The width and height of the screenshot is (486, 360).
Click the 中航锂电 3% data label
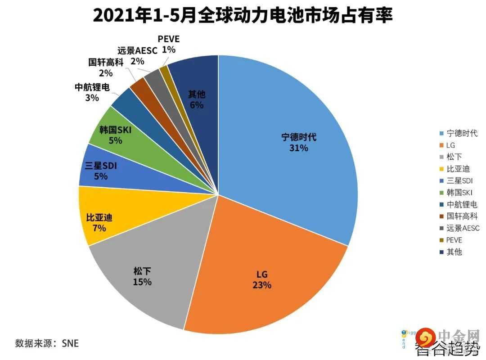point(92,92)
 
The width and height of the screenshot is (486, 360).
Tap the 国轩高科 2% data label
point(106,67)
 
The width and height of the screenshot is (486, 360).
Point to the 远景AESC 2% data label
point(137,55)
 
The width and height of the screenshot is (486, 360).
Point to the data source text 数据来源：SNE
point(47,343)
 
